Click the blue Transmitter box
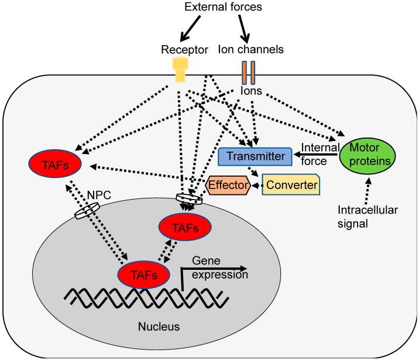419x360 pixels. (x=255, y=156)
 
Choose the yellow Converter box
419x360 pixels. (x=290, y=184)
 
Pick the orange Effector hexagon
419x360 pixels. (x=229, y=185)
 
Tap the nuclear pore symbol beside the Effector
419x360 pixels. (x=190, y=200)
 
